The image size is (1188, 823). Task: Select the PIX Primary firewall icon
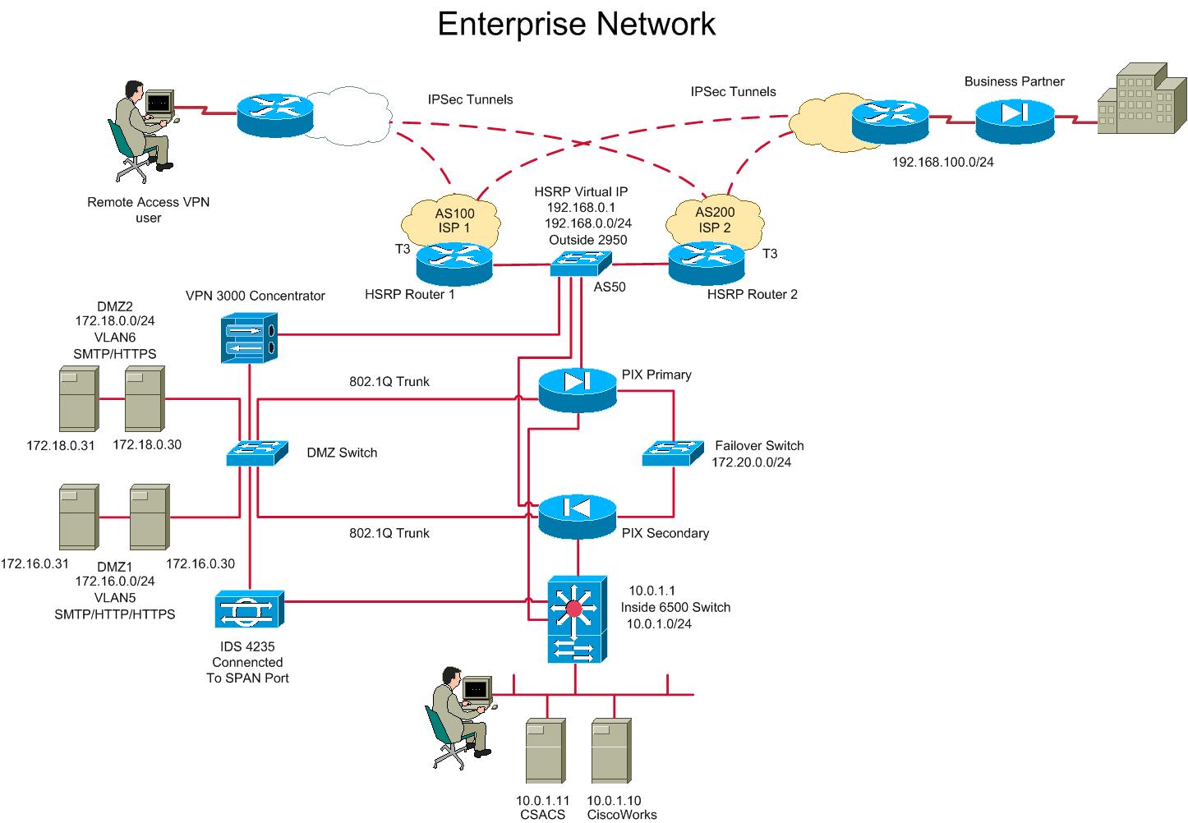(x=577, y=390)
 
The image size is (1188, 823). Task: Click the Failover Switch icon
(x=673, y=453)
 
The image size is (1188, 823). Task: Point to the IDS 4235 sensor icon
(x=249, y=610)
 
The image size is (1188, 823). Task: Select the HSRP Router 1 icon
(x=454, y=264)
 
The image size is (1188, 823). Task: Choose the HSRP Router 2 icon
(x=706, y=264)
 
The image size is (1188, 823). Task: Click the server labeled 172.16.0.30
(x=150, y=517)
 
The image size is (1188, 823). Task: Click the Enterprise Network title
(x=576, y=24)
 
